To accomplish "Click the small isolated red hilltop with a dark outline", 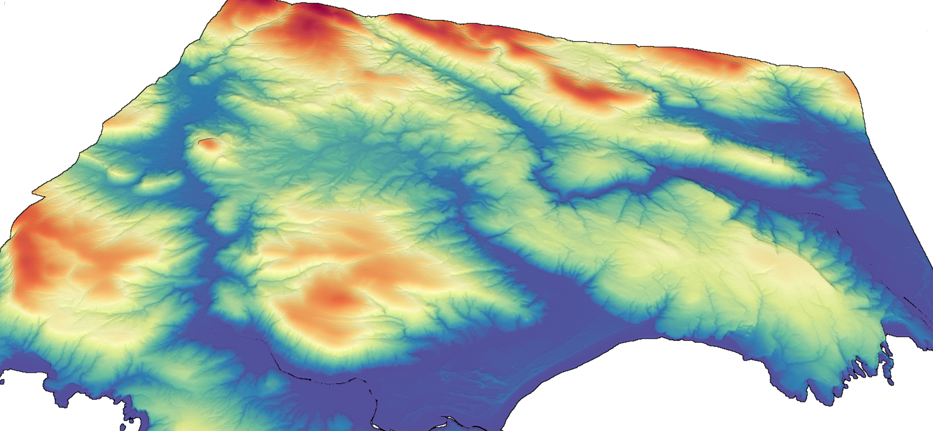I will (x=208, y=144).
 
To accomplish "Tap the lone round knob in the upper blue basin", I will (x=195, y=78).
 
